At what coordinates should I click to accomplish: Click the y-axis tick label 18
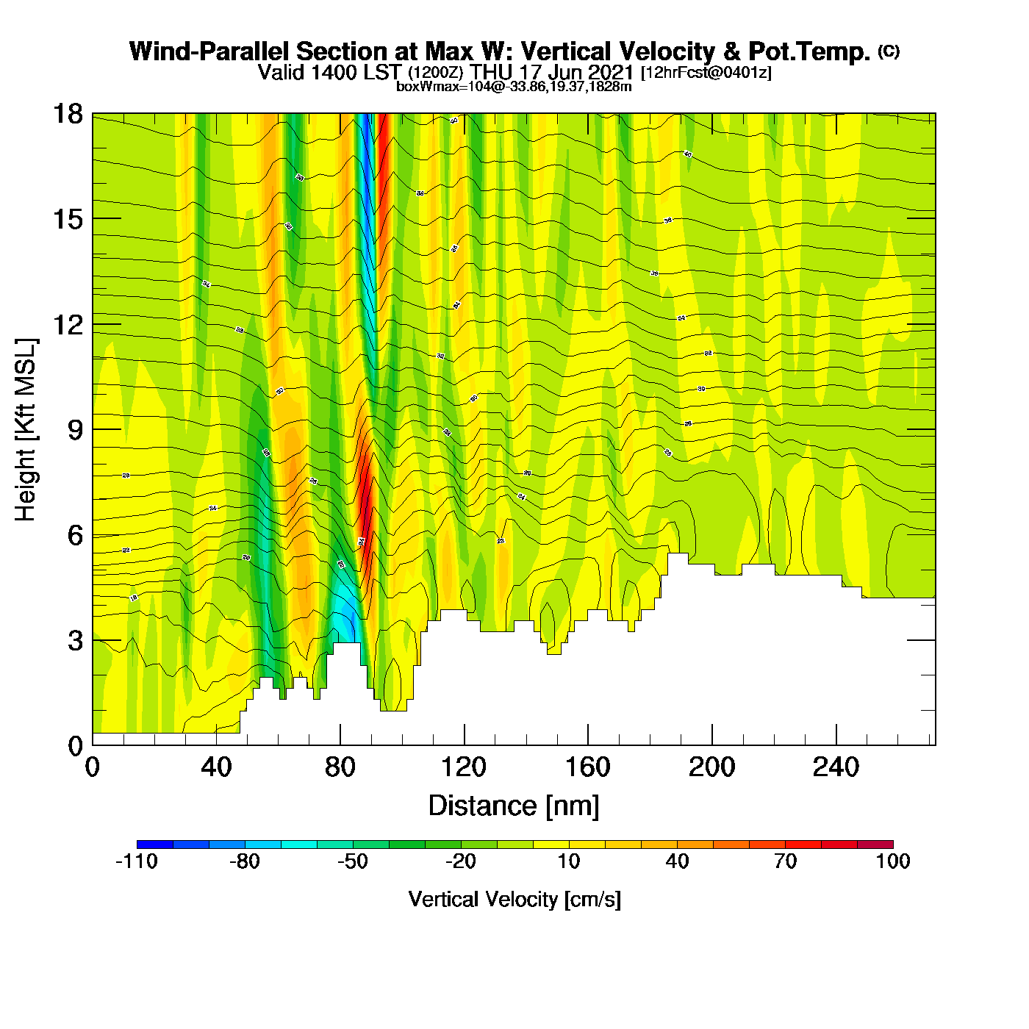pyautogui.click(x=68, y=114)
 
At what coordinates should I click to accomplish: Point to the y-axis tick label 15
pyautogui.click(x=68, y=219)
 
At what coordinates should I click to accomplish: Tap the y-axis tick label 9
pyautogui.click(x=75, y=430)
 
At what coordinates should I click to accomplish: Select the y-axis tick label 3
pyautogui.click(x=75, y=641)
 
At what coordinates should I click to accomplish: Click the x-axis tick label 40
pyautogui.click(x=216, y=768)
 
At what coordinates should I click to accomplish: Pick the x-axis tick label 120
pyautogui.click(x=464, y=768)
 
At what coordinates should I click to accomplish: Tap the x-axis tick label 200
pyautogui.click(x=711, y=768)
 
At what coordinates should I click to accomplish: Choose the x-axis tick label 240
pyautogui.click(x=836, y=768)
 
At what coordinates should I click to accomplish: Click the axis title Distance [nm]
pyautogui.click(x=514, y=806)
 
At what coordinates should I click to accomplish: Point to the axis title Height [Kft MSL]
pyautogui.click(x=26, y=430)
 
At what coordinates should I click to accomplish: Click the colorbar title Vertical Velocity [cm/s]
pyautogui.click(x=514, y=900)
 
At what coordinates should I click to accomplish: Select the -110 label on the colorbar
pyautogui.click(x=137, y=861)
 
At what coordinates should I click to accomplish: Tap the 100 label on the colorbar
pyautogui.click(x=893, y=861)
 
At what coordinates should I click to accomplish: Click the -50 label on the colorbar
pyautogui.click(x=353, y=861)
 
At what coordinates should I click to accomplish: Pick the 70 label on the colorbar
pyautogui.click(x=785, y=861)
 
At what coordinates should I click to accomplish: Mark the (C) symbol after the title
pyautogui.click(x=889, y=51)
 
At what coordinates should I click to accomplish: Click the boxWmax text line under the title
pyautogui.click(x=514, y=87)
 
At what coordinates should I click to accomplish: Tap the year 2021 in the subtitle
pyautogui.click(x=611, y=72)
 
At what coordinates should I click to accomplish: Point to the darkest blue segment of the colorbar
pyautogui.click(x=155, y=845)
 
